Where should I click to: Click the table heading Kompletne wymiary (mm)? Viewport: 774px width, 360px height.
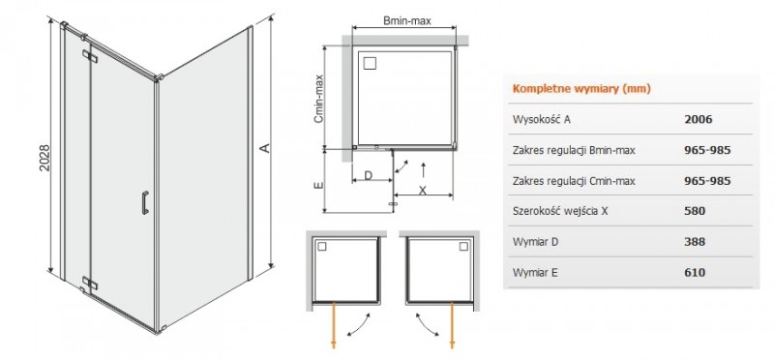[580, 89]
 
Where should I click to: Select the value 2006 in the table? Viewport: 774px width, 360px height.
[697, 119]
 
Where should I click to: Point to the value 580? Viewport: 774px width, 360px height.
[694, 211]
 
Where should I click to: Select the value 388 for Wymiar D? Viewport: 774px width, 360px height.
[694, 242]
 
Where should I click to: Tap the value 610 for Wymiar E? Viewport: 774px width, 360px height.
[694, 273]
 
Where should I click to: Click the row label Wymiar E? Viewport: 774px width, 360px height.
[535, 273]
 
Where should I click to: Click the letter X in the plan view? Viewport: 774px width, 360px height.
[423, 191]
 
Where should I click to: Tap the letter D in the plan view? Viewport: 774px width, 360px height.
[369, 177]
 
